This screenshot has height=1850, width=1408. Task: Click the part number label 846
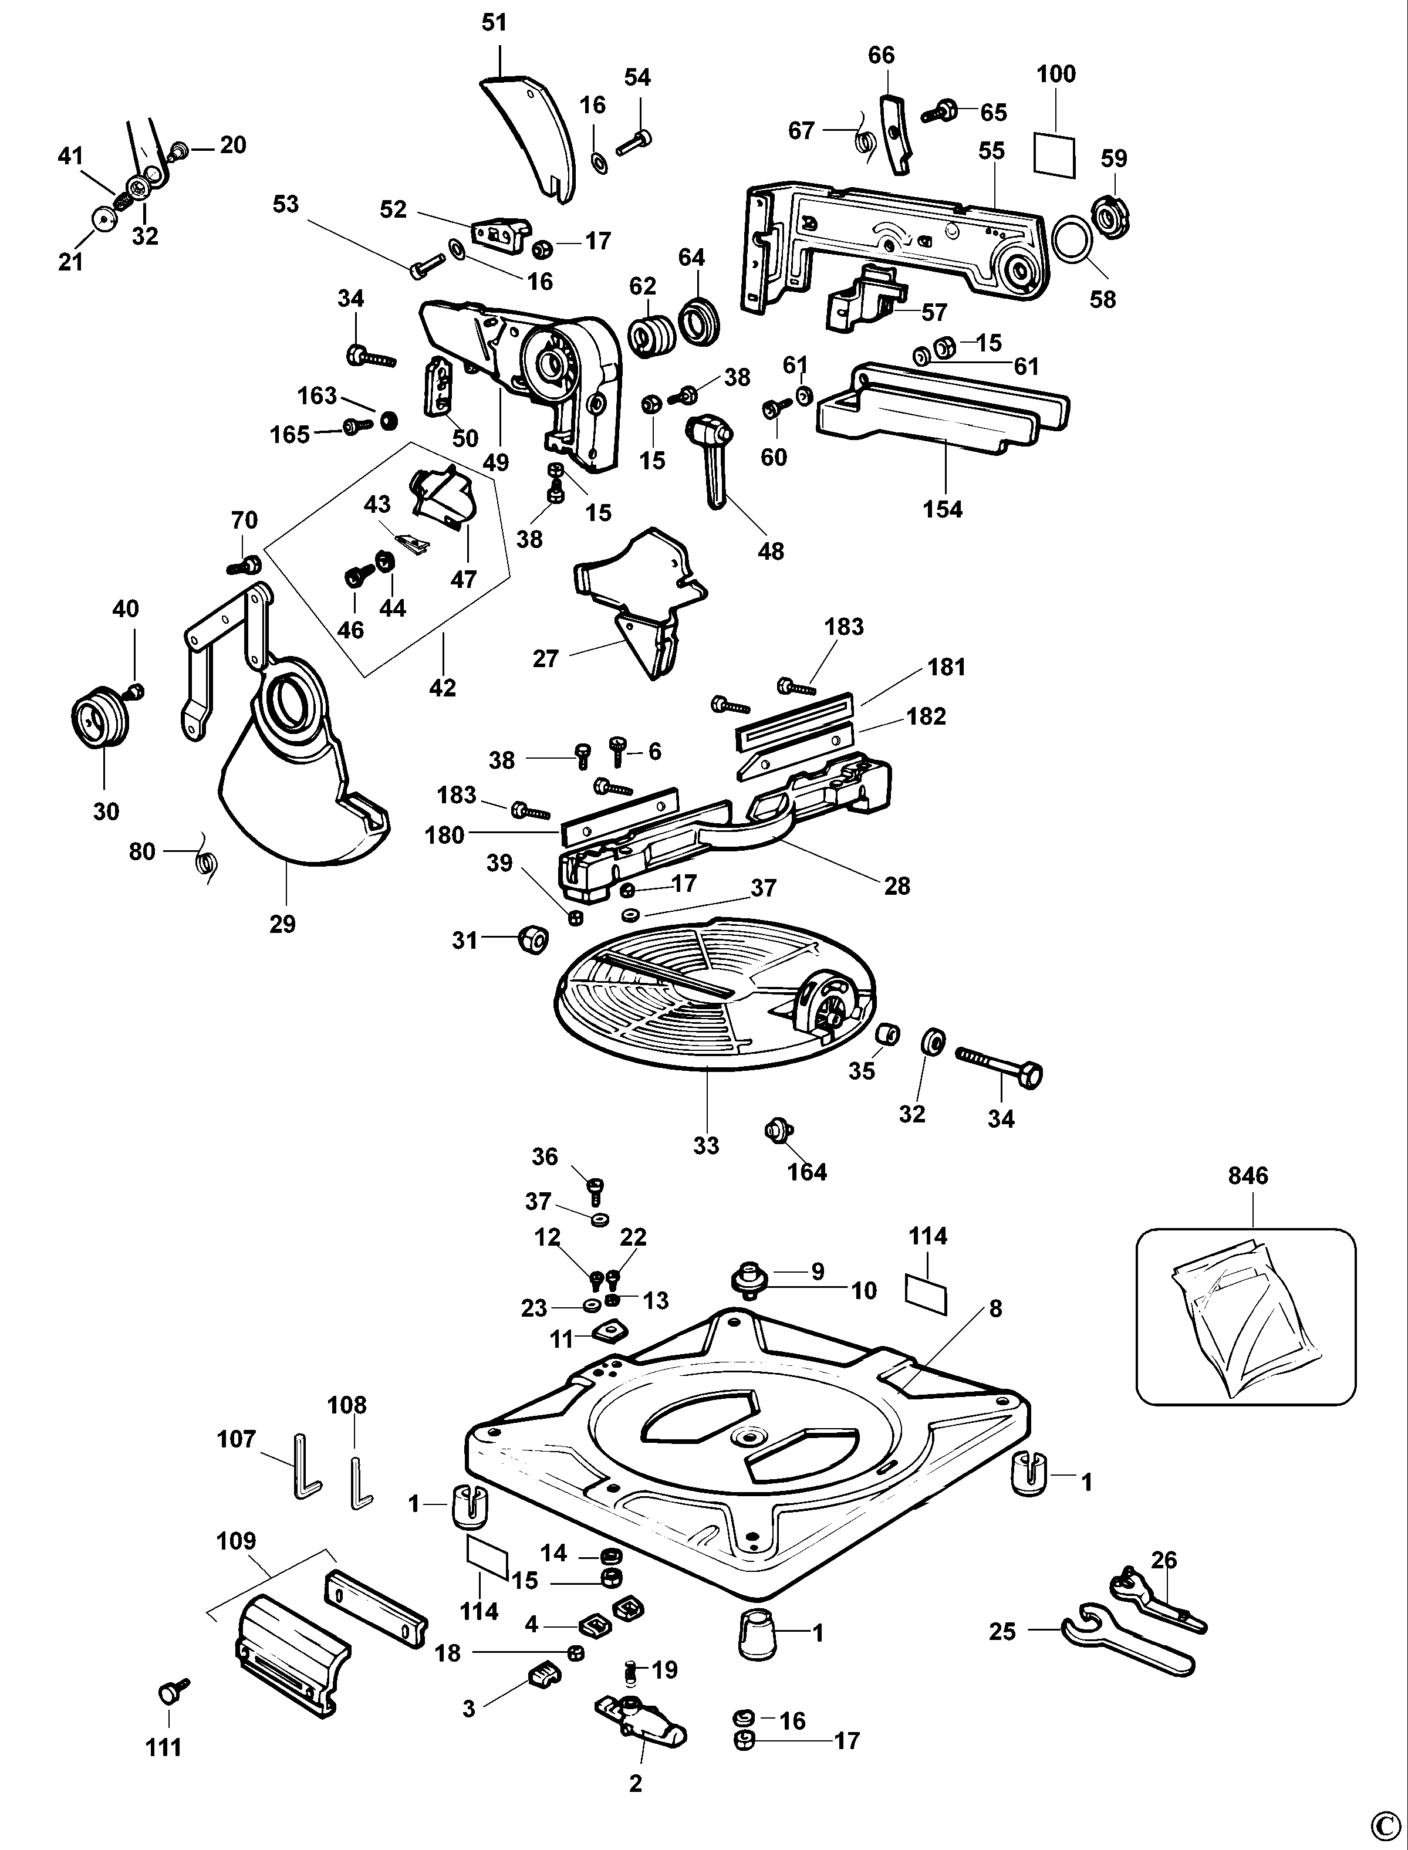point(1248,1175)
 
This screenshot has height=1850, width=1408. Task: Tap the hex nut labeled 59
point(1113,219)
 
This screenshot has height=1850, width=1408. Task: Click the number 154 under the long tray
point(943,509)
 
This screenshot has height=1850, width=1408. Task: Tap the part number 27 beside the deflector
point(546,658)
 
